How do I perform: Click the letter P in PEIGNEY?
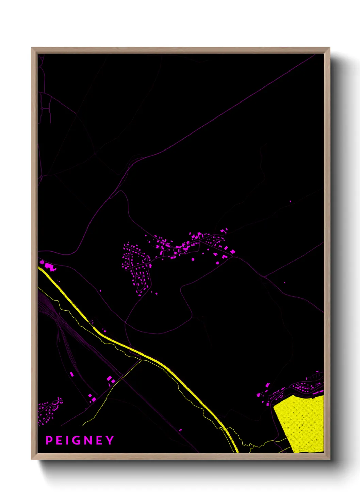pyautogui.click(x=49, y=440)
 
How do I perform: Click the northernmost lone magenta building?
pyautogui.click(x=290, y=201)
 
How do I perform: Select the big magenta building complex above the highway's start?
pyautogui.click(x=49, y=266)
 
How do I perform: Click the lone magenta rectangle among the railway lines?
pyautogui.click(x=72, y=374)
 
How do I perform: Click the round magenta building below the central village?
pyautogui.click(x=193, y=259)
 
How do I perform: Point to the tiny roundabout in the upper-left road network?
pyautogui.click(x=42, y=108)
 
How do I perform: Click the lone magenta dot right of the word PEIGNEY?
pyautogui.click(x=180, y=430)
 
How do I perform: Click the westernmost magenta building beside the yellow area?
pyautogui.click(x=258, y=395)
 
